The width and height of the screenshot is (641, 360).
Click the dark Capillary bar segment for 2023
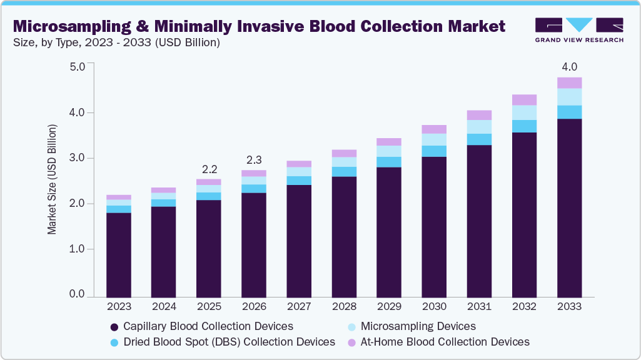[x=118, y=254]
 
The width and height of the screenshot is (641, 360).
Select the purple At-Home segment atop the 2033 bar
[x=569, y=82]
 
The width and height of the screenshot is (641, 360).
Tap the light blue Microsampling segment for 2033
[x=569, y=97]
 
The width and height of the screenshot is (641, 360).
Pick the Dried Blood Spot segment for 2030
[x=434, y=151]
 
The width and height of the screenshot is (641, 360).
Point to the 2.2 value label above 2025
[x=208, y=169]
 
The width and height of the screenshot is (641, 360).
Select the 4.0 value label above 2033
[x=569, y=67]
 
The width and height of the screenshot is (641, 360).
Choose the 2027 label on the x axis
[x=298, y=307]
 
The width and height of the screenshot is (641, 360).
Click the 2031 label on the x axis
[x=479, y=307]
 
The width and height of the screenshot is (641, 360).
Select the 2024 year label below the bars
[x=163, y=307]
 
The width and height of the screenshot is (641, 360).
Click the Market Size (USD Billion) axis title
[x=52, y=179]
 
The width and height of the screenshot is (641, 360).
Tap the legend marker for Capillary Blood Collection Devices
[x=114, y=327]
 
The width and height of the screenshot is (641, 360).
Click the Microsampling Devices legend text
[x=418, y=326]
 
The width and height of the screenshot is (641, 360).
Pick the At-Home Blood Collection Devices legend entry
[x=445, y=342]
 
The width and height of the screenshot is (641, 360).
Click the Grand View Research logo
[x=578, y=29]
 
